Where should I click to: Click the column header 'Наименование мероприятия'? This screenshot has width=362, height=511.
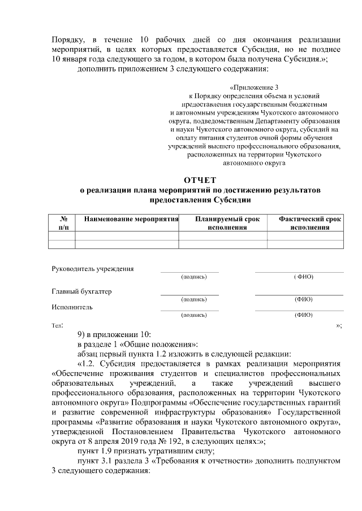coord(131,219)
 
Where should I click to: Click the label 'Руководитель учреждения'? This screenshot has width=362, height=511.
coord(93,269)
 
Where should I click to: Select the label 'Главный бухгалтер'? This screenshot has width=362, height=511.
coord(81,291)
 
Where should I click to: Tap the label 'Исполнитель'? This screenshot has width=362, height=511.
coord(72,308)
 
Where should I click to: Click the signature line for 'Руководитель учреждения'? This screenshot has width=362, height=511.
coord(189,272)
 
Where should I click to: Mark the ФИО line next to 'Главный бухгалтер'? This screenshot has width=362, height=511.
coord(299,295)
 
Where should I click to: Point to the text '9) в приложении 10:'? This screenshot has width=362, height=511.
coord(114,334)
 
